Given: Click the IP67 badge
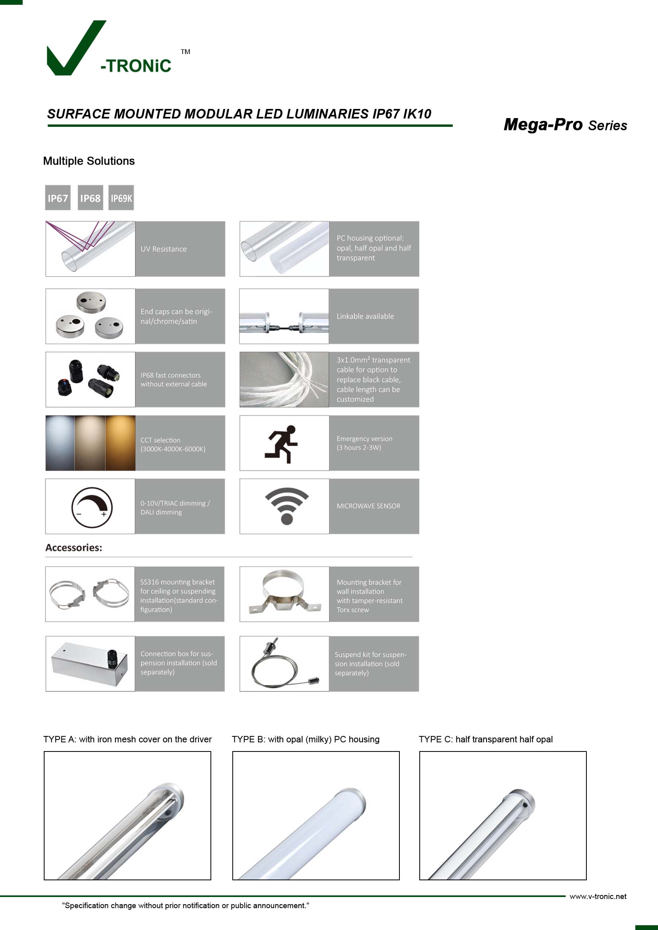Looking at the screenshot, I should [58, 198].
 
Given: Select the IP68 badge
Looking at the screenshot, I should [90, 198].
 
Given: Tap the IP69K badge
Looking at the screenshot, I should [121, 198].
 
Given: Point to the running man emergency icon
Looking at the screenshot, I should [282, 444].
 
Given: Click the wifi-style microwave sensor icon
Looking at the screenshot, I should [286, 506].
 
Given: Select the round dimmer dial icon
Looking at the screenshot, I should [91, 507].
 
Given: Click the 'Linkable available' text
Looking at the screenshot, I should [365, 316].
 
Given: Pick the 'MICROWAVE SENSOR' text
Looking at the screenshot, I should [368, 506].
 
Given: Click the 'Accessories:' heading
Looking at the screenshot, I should [74, 548].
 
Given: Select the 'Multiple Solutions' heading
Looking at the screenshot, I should [89, 161].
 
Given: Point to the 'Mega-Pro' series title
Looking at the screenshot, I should [543, 125].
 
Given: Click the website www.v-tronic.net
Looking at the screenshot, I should [598, 896].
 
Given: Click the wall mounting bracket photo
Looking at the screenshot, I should [284, 594].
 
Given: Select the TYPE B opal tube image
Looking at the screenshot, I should [315, 815].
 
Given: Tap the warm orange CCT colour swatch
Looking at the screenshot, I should [120, 443].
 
